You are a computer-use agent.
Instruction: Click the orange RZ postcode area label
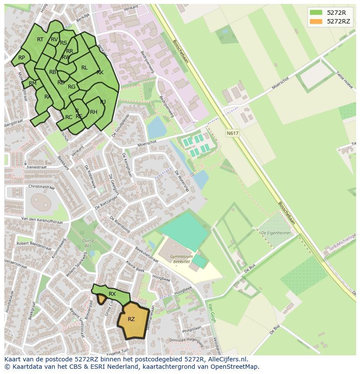(131, 319)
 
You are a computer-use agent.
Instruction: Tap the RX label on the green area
(112, 294)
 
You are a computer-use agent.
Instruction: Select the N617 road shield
(233, 133)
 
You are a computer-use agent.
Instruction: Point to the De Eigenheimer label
(275, 233)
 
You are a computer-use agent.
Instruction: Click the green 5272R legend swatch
(316, 12)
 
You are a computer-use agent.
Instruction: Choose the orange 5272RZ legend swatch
(316, 21)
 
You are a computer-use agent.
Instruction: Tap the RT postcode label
(40, 40)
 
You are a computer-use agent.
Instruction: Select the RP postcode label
(21, 58)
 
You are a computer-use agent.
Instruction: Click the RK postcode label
(100, 73)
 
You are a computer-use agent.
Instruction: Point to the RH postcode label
(93, 112)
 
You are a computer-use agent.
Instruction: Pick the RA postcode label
(47, 97)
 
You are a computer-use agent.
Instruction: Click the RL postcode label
(84, 68)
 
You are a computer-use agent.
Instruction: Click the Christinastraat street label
(42, 187)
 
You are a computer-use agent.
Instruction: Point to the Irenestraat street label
(37, 167)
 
